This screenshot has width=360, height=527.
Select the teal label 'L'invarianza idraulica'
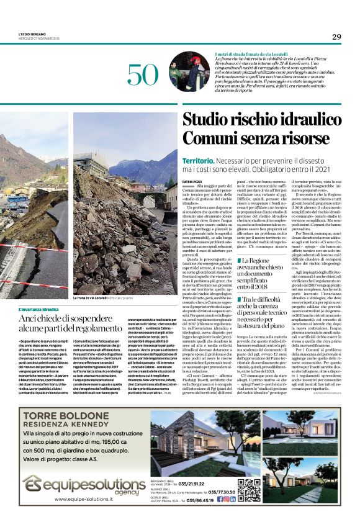pyautogui.click(x=38, y=309)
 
